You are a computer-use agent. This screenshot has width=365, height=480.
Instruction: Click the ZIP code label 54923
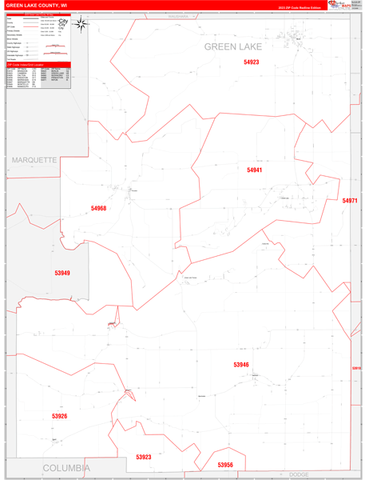click(x=252, y=62)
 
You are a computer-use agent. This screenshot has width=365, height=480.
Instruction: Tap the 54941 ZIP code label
click(x=254, y=170)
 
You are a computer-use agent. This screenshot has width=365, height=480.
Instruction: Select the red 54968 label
click(x=98, y=208)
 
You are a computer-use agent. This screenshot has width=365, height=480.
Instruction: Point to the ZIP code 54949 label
click(x=62, y=273)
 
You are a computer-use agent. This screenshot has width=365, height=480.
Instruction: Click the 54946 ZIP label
click(x=241, y=365)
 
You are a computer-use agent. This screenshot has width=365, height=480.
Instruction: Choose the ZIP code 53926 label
click(x=59, y=416)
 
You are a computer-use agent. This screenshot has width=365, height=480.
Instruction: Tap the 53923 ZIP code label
click(x=144, y=457)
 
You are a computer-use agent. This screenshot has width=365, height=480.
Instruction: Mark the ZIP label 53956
click(x=225, y=464)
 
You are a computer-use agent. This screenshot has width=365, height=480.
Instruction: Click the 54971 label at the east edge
click(x=350, y=201)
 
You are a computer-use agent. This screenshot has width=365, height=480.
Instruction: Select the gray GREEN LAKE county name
click(x=233, y=46)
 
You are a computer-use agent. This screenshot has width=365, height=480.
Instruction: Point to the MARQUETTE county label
click(x=34, y=160)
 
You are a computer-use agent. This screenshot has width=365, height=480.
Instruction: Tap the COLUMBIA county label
click(x=65, y=467)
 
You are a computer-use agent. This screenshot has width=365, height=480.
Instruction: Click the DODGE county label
click(x=299, y=474)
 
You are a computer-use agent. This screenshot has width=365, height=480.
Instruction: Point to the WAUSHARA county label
click(x=182, y=15)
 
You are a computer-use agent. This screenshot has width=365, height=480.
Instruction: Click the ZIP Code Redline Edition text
click(x=300, y=8)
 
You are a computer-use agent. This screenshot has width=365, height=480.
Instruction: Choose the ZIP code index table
click(x=38, y=78)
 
